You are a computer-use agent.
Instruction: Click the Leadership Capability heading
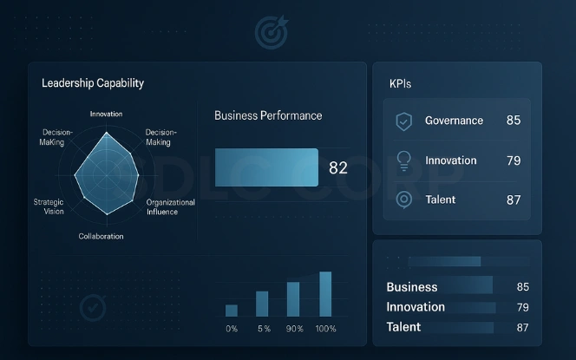(93, 84)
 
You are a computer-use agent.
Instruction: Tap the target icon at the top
(270, 32)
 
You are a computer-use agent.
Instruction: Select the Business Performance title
(268, 115)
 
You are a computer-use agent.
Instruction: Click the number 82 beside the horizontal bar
(338, 168)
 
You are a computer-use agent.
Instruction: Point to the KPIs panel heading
(401, 84)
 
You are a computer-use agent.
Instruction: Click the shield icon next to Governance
(403, 121)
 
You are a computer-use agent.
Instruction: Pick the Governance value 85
(514, 121)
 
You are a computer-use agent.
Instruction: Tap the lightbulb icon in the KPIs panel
(403, 160)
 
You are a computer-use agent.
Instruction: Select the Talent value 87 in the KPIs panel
(514, 200)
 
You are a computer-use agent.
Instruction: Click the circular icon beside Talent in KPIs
(403, 200)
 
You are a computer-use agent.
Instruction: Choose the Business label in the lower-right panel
(412, 287)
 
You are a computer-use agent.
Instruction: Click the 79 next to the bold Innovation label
(522, 307)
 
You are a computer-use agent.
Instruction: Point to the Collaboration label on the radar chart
(101, 236)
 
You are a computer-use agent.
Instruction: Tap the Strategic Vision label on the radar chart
(49, 206)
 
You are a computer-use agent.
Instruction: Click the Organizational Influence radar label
(171, 206)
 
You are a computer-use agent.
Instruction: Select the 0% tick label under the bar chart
(232, 329)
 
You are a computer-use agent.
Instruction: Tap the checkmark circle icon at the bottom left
(92, 307)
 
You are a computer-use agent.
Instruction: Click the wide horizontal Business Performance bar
(266, 167)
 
